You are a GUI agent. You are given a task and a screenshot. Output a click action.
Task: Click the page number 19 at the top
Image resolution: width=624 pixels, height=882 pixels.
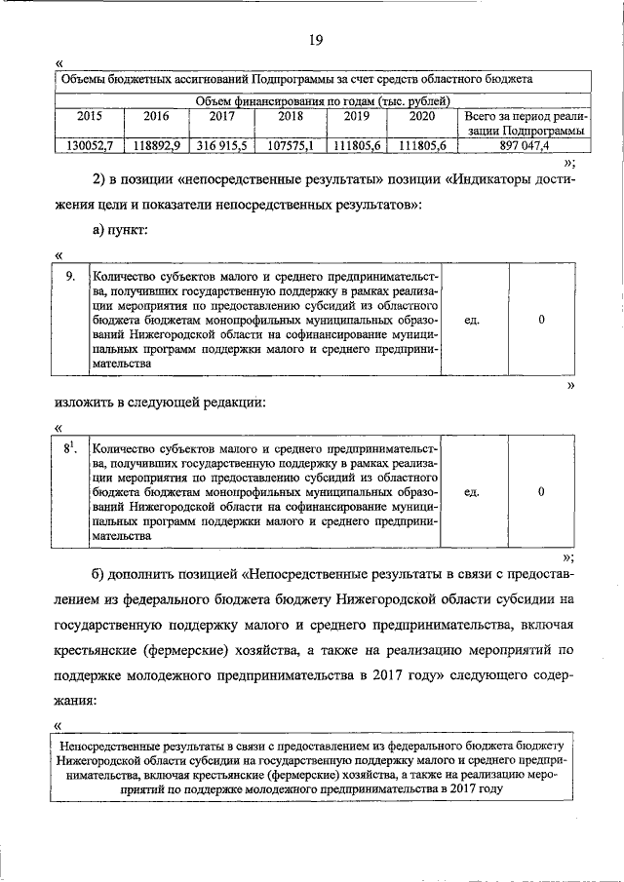point(314,40)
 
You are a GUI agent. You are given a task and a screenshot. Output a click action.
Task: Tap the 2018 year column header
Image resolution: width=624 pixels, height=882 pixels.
point(290,117)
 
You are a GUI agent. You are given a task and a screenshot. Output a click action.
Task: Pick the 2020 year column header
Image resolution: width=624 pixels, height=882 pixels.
point(423,117)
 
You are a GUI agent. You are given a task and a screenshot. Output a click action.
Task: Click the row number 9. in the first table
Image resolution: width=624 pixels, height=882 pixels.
point(70,277)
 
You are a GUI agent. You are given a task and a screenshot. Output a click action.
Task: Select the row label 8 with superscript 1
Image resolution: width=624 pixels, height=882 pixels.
point(70,448)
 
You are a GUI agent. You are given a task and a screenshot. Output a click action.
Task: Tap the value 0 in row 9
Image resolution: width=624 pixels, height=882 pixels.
point(541,319)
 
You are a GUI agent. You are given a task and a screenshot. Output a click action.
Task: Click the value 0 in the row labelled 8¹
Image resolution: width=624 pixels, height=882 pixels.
point(541,492)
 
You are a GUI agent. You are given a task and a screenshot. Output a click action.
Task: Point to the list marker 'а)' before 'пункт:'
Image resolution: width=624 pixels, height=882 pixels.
point(100,229)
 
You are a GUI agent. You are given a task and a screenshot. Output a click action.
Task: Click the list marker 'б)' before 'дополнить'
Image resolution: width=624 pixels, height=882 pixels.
point(100,571)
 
